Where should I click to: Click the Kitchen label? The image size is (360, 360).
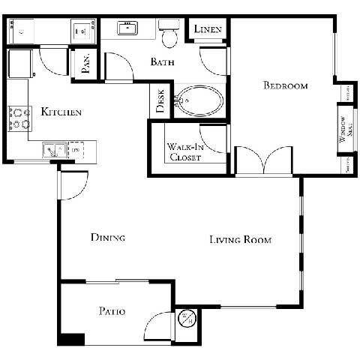point(61,112)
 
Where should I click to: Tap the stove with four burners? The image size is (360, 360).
point(19,118)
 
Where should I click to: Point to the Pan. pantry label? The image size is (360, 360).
point(85,65)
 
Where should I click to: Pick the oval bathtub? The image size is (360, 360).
point(199,100)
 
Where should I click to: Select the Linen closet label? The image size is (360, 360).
point(207,29)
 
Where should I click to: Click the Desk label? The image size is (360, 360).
point(160,102)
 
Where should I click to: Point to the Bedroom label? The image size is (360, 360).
point(285,85)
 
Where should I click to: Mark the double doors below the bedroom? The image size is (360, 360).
point(263,161)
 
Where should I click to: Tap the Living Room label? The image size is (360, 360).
point(240,240)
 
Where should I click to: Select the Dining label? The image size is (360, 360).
point(107,238)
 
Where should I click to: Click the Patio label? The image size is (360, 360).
point(111,310)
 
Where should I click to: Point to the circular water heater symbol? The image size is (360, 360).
point(187,319)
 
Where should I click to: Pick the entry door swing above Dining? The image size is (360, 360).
point(73,184)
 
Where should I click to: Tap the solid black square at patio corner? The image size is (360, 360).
point(71,339)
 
